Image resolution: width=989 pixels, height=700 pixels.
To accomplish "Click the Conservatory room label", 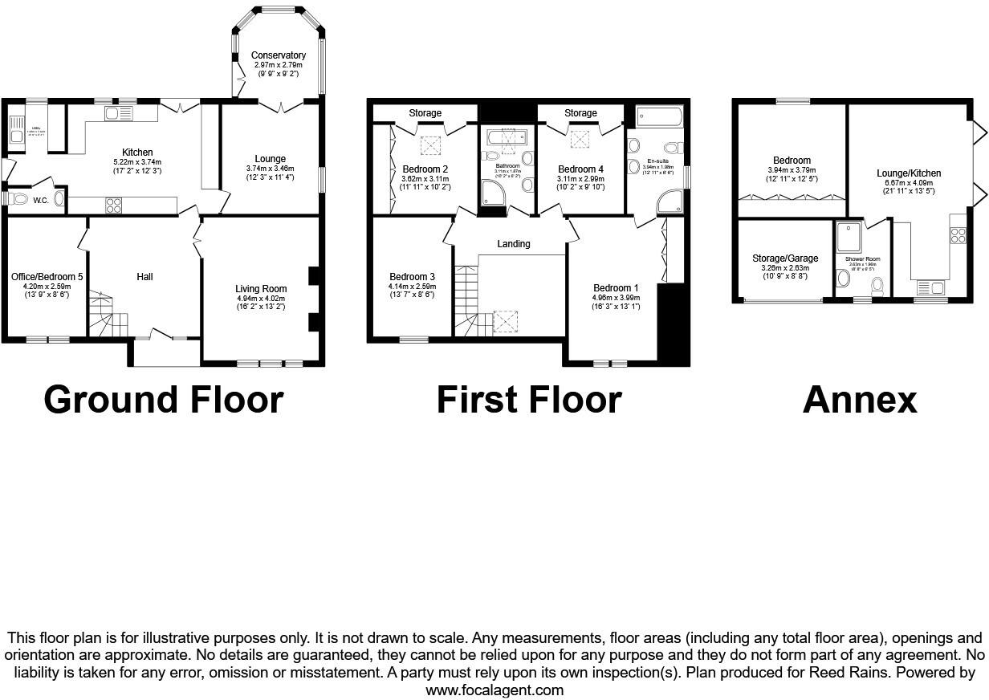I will (278, 55).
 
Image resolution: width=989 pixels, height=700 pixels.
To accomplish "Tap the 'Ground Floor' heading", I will (164, 399).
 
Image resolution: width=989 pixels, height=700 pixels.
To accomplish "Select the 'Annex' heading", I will (859, 399).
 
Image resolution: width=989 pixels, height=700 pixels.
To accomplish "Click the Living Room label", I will (261, 288).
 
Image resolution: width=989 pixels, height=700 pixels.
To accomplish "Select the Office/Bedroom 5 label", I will (47, 277).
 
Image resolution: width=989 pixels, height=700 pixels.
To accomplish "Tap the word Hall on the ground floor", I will (144, 277).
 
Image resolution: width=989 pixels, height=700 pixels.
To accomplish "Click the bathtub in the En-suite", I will (659, 117).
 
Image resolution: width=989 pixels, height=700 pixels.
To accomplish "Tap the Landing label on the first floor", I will (514, 244).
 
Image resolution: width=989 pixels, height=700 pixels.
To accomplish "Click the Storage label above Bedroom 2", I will (425, 113).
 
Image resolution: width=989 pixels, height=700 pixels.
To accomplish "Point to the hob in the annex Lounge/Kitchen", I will (958, 234).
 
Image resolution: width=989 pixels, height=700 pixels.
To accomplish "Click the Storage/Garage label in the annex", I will (785, 258).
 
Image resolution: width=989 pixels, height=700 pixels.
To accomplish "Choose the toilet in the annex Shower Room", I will (878, 285).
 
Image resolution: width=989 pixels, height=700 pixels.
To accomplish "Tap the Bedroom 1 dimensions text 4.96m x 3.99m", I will (616, 297).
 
